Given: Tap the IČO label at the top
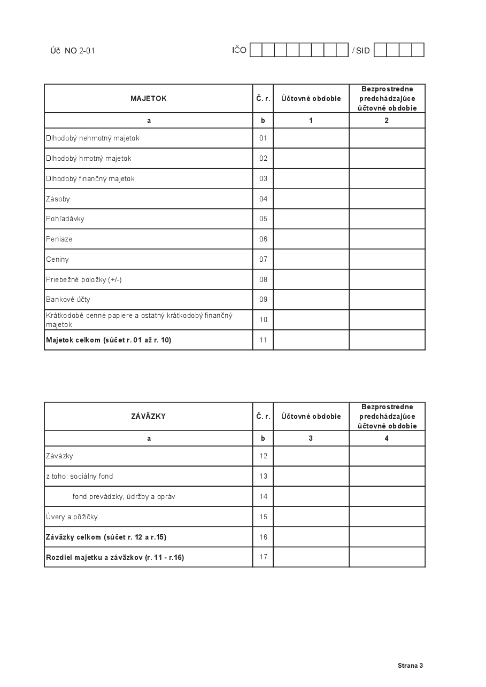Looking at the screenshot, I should (239, 50).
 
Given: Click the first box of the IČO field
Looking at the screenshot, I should (256, 50).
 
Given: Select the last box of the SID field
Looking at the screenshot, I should (418, 50).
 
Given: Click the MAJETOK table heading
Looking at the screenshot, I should (149, 98).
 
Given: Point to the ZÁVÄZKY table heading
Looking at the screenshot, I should (149, 416).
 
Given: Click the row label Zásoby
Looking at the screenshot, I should (58, 199).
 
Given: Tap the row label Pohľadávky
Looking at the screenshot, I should (65, 219).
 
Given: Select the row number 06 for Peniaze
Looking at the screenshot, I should (263, 239).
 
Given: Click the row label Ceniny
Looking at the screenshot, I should (58, 259).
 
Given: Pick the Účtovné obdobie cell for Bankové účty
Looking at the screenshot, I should (311, 300).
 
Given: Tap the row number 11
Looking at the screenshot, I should (263, 340).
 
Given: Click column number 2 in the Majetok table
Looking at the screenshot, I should (387, 121).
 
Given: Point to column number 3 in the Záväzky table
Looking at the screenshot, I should (311, 439).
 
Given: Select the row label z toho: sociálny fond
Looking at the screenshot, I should (80, 476).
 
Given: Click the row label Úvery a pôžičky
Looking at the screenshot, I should (72, 517).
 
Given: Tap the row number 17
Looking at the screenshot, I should (263, 557).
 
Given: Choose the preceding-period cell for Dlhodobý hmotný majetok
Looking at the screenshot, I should (387, 159).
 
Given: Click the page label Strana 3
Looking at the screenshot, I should (410, 666).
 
